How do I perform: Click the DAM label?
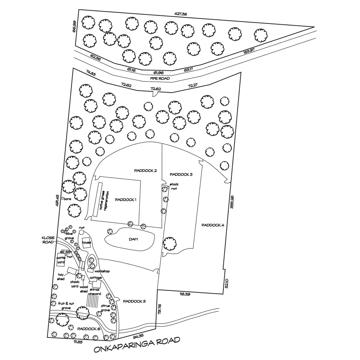134,239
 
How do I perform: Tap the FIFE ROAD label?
160,79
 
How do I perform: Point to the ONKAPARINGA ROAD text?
137,345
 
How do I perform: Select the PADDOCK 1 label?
126,199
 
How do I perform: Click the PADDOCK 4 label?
213,225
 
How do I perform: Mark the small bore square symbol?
62,198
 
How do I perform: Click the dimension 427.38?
181,14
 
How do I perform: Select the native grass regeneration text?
104,201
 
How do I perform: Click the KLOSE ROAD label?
48,240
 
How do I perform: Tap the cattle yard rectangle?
61,260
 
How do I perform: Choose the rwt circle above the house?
81,232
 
